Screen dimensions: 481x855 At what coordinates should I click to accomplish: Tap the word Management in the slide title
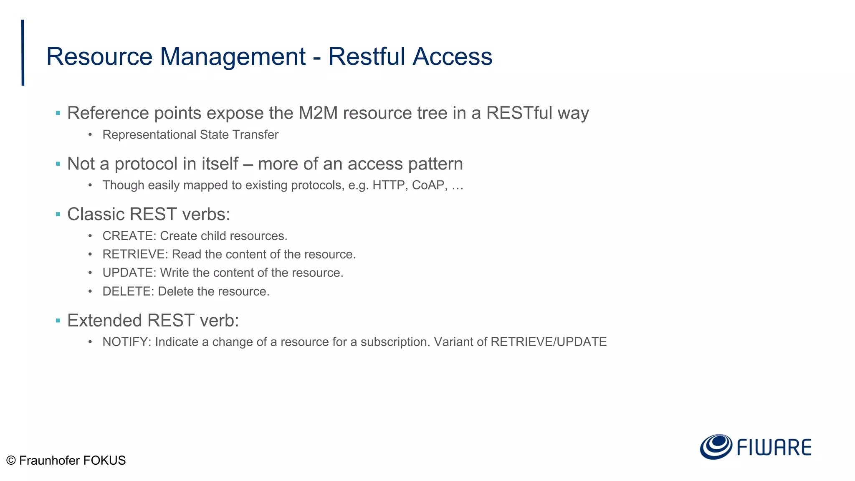click(x=233, y=56)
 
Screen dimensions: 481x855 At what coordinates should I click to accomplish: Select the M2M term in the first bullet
click(x=318, y=113)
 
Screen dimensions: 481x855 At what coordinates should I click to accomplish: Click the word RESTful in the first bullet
click(x=519, y=113)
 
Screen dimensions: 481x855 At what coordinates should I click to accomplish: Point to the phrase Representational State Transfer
click(x=190, y=135)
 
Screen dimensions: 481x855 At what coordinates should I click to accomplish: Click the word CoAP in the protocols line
click(x=428, y=185)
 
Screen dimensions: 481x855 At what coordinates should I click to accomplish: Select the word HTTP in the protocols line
click(x=388, y=185)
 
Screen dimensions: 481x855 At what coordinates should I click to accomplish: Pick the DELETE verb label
click(x=128, y=291)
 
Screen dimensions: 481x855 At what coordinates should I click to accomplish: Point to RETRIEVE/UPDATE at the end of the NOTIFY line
click(x=549, y=342)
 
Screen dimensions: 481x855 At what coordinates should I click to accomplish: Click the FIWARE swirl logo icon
click(x=716, y=447)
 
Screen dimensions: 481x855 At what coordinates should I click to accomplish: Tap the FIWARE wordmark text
click(x=774, y=448)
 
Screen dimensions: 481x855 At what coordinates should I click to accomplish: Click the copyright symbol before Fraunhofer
click(x=11, y=461)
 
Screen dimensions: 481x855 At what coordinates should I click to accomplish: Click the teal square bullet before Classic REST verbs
click(x=58, y=215)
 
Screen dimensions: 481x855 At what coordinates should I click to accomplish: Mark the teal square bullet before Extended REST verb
click(x=58, y=321)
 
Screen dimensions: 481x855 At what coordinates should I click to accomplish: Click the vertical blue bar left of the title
click(x=23, y=53)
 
